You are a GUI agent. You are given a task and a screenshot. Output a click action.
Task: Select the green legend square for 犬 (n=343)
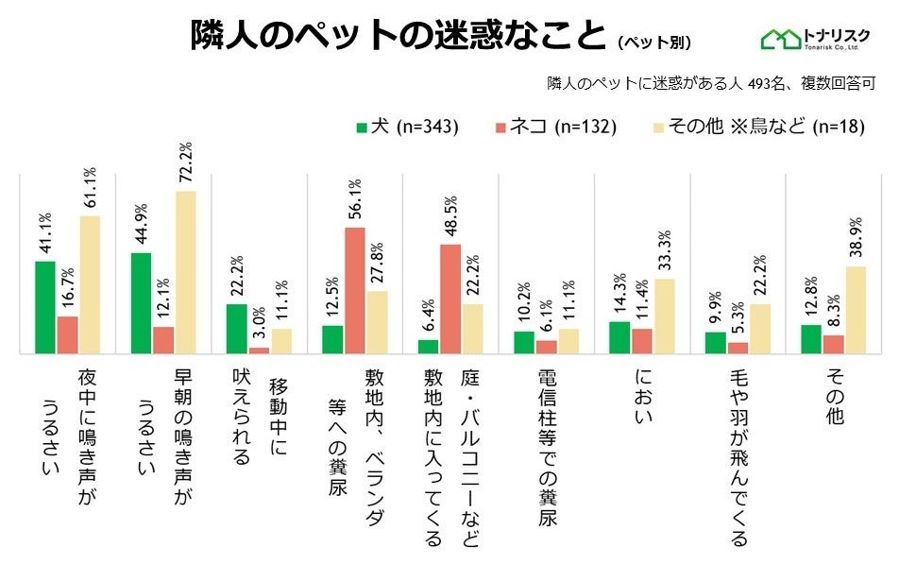[361, 128]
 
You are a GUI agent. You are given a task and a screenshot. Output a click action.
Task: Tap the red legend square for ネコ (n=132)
[500, 128]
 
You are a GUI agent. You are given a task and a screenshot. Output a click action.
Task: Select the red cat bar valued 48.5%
[450, 299]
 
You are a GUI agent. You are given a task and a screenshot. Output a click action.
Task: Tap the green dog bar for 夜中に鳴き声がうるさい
[45, 307]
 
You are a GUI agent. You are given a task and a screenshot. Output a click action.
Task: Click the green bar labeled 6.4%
[428, 346]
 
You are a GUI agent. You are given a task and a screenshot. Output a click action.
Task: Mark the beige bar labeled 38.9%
[857, 310]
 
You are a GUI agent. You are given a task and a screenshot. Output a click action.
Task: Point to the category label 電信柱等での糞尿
[547, 448]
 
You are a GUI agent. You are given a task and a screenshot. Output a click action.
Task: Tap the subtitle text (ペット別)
[654, 42]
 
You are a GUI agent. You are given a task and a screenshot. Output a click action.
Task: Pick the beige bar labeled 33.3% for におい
[665, 316]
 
